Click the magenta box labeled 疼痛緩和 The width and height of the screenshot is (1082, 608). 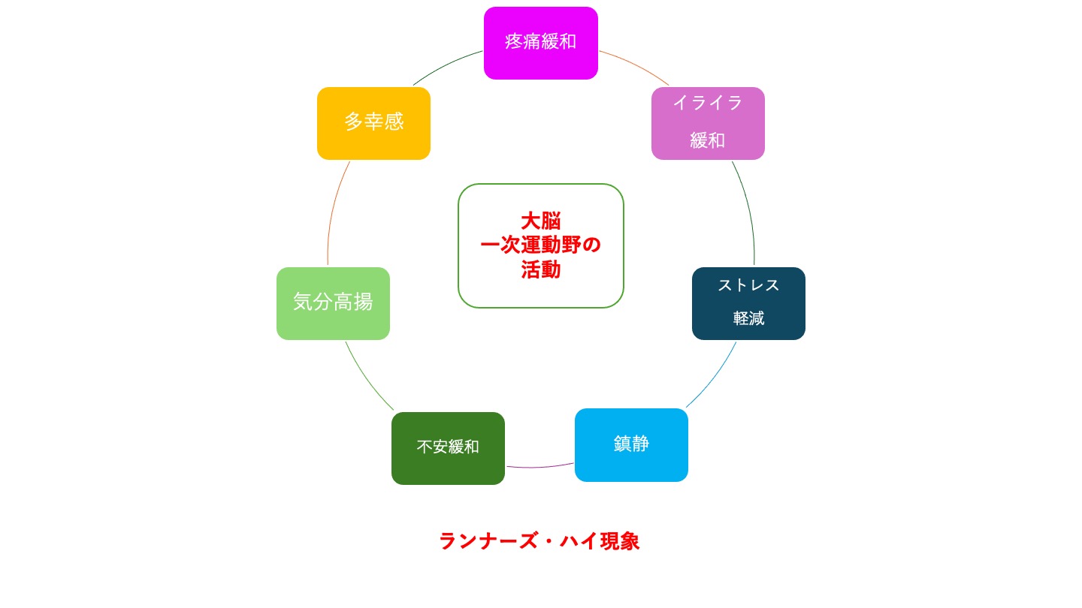(540, 43)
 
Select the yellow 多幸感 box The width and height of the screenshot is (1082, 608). (373, 123)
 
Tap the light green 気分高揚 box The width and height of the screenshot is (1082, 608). (333, 303)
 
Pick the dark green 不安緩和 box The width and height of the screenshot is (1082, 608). (448, 448)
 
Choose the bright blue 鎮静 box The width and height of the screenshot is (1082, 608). (631, 444)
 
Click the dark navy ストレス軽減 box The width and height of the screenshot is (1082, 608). (748, 303)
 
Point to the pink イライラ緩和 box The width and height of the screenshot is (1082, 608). (708, 123)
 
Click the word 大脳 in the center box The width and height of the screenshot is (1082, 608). (541, 221)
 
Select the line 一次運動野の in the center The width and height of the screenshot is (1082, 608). (541, 245)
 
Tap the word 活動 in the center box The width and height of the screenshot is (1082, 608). (541, 269)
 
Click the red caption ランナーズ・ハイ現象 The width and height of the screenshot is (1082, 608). (539, 541)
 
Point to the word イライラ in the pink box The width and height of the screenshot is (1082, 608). (708, 103)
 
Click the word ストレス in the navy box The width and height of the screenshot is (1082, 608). (748, 285)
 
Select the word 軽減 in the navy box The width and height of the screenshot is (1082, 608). (748, 318)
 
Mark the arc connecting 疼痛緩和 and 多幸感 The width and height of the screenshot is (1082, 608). (445, 65)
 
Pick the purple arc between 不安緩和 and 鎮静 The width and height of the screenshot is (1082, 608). (539, 467)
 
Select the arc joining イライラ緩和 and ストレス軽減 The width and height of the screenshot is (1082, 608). (748, 210)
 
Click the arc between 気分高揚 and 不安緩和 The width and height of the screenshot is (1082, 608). (366, 378)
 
